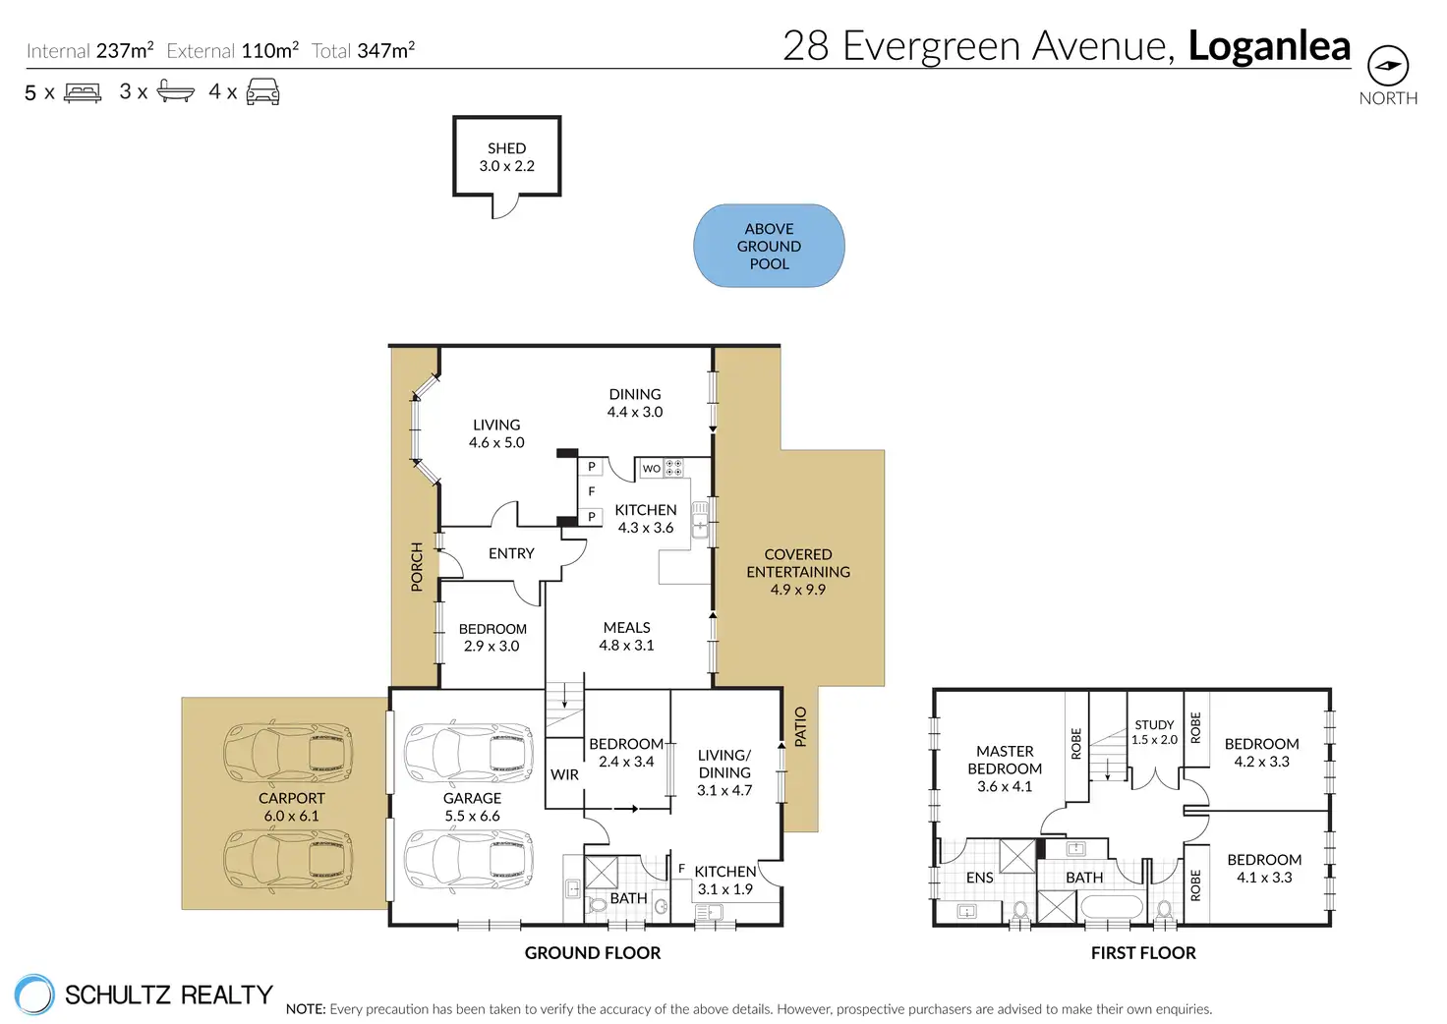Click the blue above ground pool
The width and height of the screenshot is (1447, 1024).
[x=769, y=246]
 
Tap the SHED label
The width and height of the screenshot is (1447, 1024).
[x=506, y=148]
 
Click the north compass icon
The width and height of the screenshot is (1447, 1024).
[x=1388, y=66]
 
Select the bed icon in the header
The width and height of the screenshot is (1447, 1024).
[x=82, y=93]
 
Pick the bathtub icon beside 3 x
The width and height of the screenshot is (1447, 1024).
[x=176, y=91]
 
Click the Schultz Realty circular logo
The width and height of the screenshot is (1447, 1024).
[x=34, y=995]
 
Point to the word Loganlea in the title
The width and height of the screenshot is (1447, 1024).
[x=1269, y=46]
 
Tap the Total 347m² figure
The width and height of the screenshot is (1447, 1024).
[x=363, y=50]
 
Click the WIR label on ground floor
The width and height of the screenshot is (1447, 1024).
[x=564, y=774]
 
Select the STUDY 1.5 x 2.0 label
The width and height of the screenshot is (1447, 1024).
[x=1154, y=732]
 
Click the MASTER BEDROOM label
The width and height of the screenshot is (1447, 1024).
[x=1005, y=760]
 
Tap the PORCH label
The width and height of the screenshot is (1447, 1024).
[x=417, y=567]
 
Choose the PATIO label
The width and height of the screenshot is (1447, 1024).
[x=800, y=727]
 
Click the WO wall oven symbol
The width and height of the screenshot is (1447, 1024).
[x=651, y=468]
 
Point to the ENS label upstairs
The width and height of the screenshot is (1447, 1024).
[x=979, y=878]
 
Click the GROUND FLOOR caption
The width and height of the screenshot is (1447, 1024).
[x=593, y=953]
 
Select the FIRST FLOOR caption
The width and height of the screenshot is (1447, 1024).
[x=1143, y=953]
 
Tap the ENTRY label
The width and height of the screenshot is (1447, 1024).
[x=511, y=553]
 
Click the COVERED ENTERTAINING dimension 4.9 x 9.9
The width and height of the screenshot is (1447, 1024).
[x=798, y=590]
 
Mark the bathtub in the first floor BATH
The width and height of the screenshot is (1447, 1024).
[x=1111, y=906]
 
